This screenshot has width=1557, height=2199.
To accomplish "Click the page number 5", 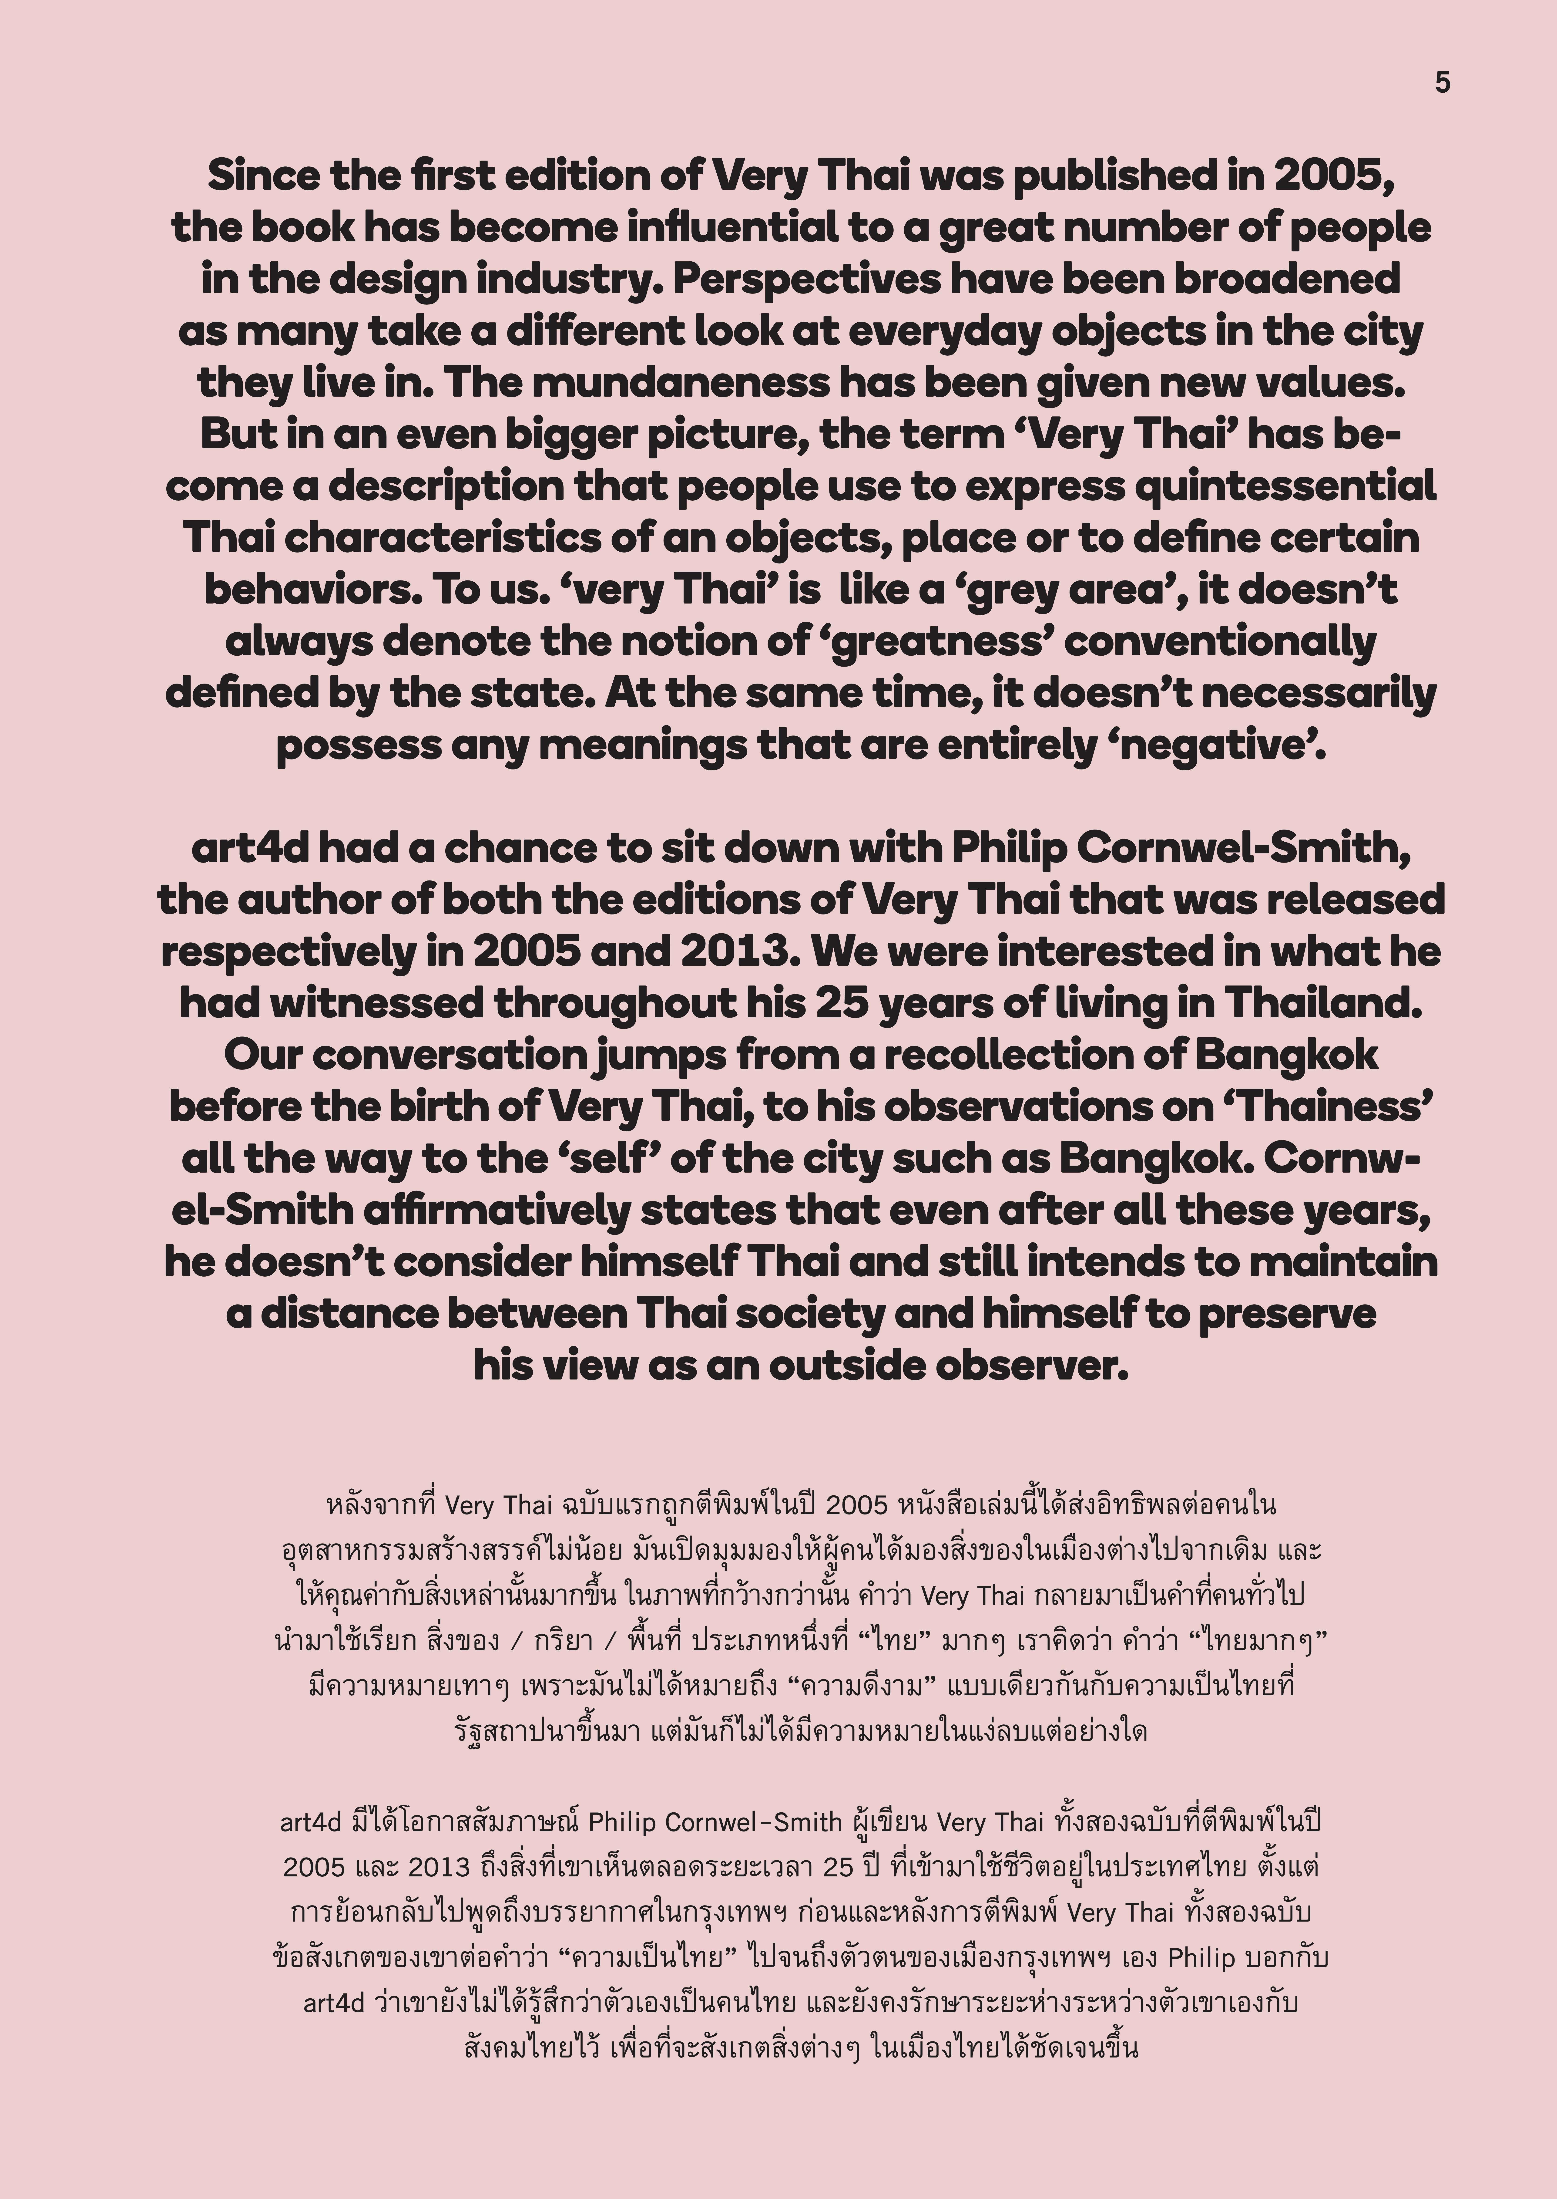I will coord(1442,83).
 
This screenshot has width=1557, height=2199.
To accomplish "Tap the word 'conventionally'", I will coord(1220,642).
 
